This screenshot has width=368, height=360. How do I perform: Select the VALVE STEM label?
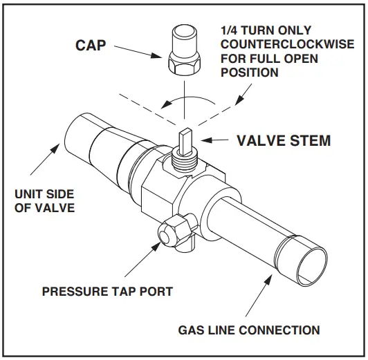click(x=284, y=141)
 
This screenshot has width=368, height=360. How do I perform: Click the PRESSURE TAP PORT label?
click(x=107, y=292)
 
